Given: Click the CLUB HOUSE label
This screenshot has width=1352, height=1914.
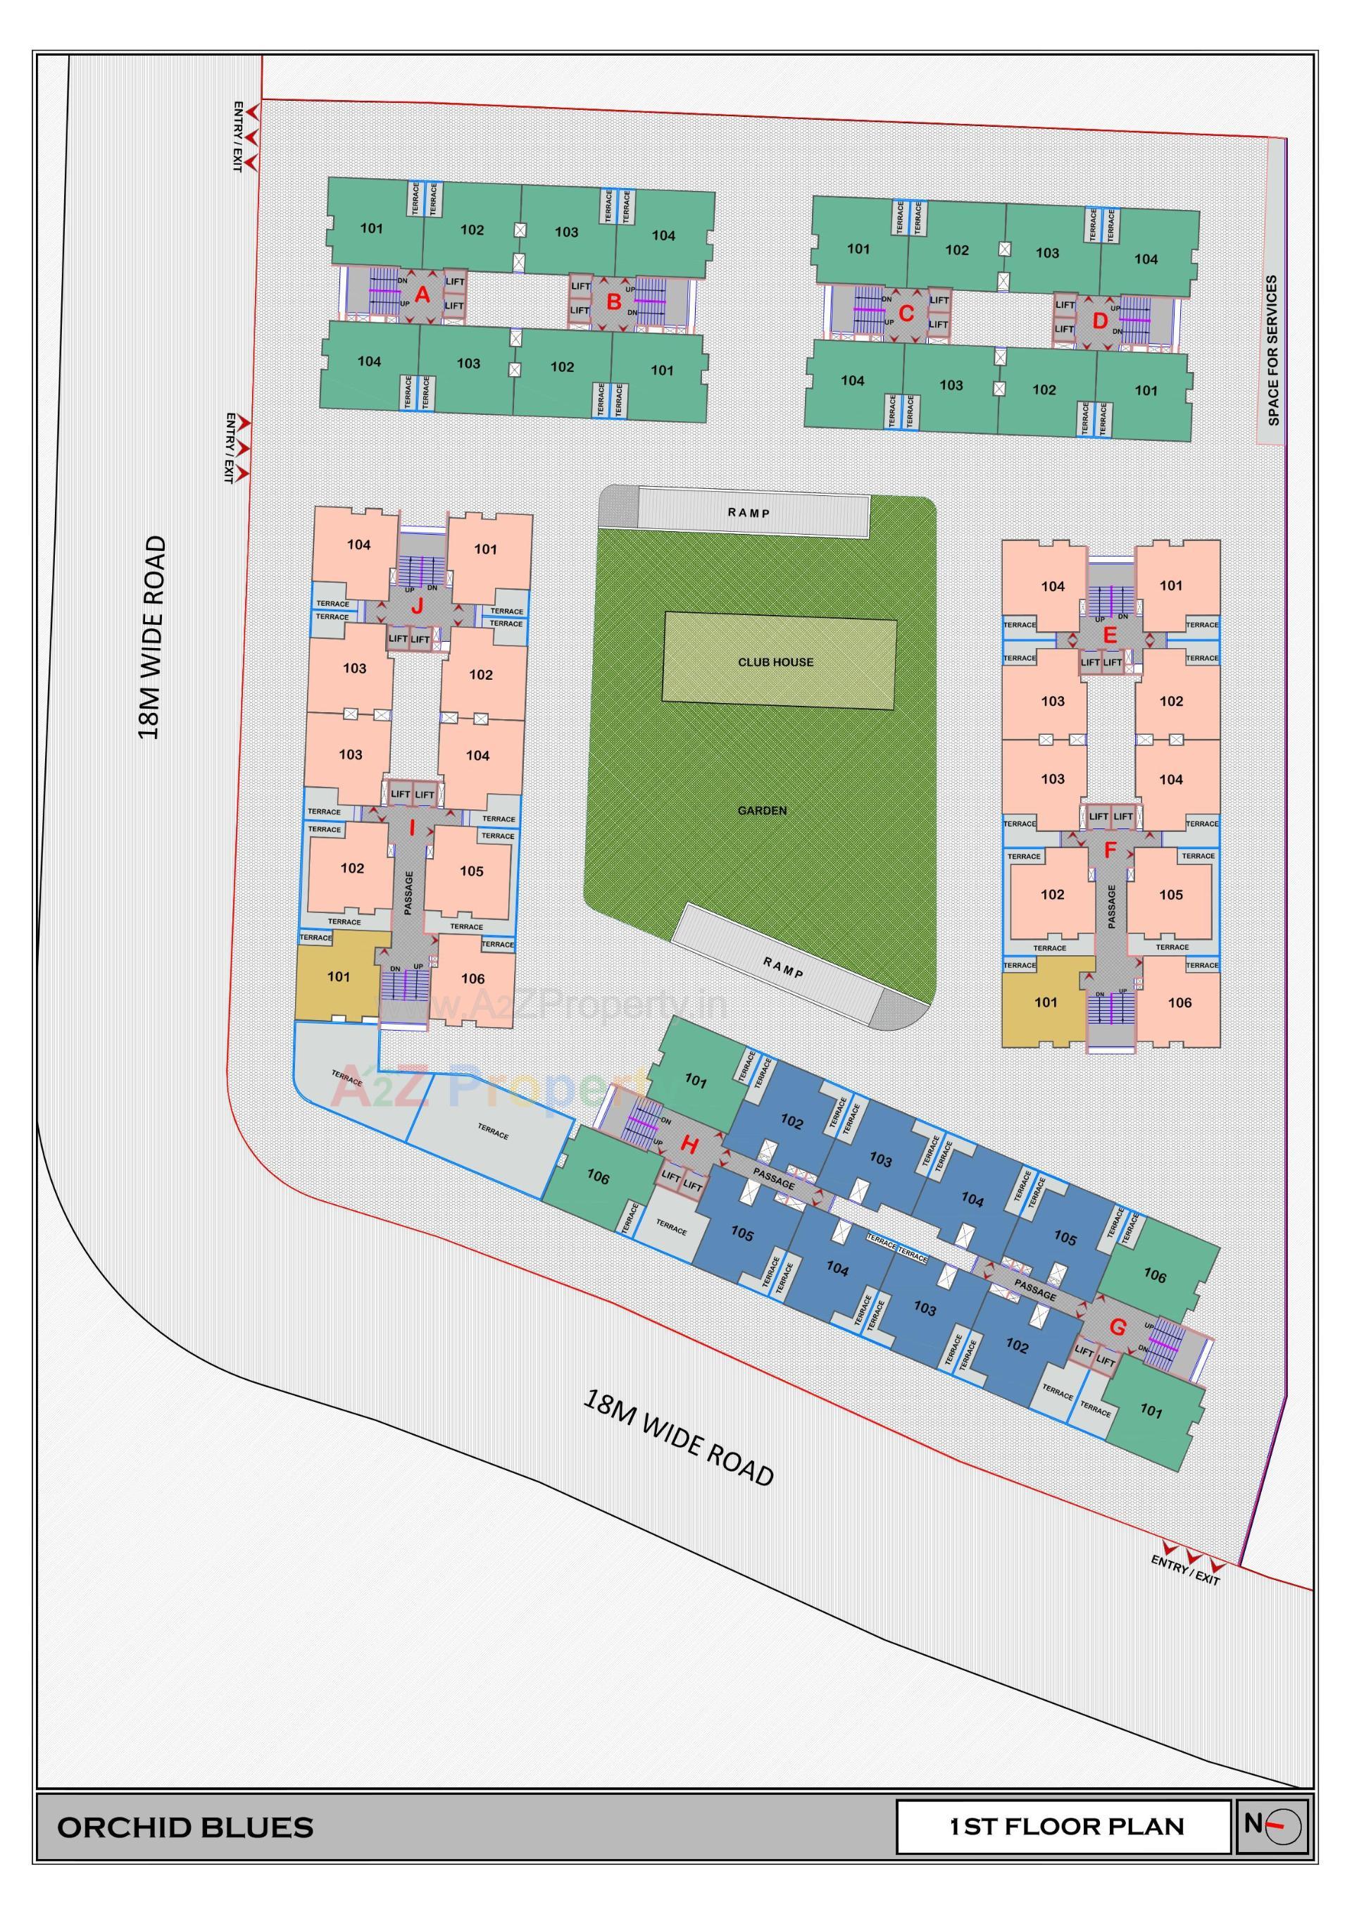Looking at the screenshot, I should (775, 662).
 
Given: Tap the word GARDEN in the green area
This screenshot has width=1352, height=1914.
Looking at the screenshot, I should (762, 810).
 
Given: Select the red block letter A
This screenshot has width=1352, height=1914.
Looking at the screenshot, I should (423, 294).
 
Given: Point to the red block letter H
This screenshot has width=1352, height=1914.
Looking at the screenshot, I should (689, 1145).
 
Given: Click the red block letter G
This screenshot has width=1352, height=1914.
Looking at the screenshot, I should (1119, 1327).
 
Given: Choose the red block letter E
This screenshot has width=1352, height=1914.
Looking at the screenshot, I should (1110, 635).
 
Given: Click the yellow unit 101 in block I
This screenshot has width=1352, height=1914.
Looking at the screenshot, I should (339, 976).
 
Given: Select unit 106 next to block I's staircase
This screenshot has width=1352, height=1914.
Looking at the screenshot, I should (472, 978).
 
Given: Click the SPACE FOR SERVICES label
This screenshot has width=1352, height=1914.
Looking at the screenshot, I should (1272, 350).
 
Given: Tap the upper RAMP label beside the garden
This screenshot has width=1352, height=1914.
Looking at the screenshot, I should (749, 513).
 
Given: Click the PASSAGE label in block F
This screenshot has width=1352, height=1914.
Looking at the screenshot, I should (1111, 907).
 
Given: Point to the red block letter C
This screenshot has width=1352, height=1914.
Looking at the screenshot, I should (907, 314).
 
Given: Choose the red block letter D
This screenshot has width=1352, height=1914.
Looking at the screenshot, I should (1099, 320).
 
